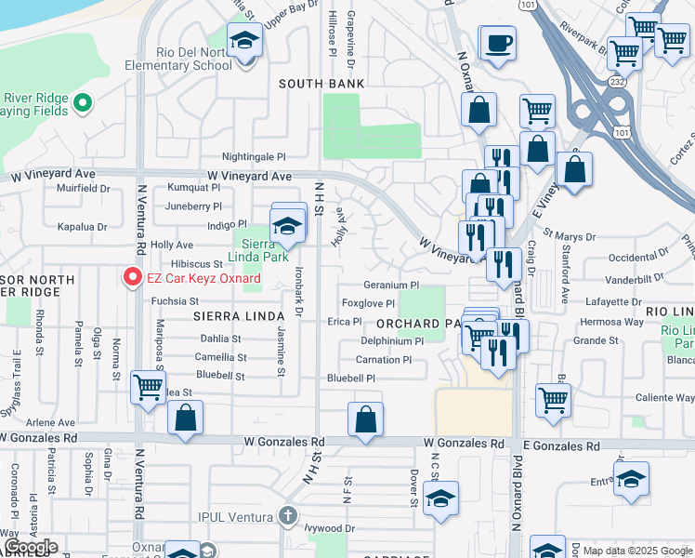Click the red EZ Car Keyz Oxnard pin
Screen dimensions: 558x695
(x=132, y=277)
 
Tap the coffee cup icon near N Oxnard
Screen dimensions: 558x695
(x=497, y=43)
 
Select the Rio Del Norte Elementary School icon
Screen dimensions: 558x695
(x=245, y=43)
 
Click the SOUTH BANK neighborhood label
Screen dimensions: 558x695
(x=322, y=84)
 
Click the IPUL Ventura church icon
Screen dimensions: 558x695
(x=288, y=515)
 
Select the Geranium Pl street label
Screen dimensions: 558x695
(x=391, y=286)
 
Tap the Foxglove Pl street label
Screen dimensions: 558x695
(x=368, y=303)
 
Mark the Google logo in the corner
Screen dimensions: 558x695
(x=31, y=547)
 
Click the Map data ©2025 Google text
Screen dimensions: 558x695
(x=637, y=551)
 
